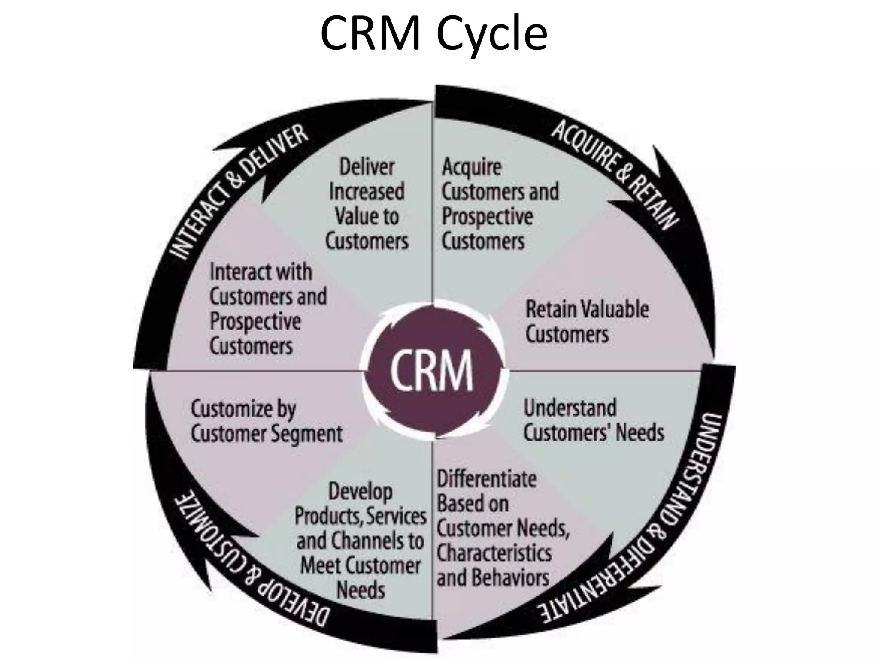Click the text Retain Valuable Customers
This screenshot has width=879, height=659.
[586, 322]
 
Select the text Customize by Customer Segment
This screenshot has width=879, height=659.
[266, 421]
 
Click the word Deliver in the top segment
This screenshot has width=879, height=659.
[367, 167]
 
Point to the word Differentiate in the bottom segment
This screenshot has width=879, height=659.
[486, 479]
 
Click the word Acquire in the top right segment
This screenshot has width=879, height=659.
[471, 167]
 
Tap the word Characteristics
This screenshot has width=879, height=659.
[494, 553]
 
